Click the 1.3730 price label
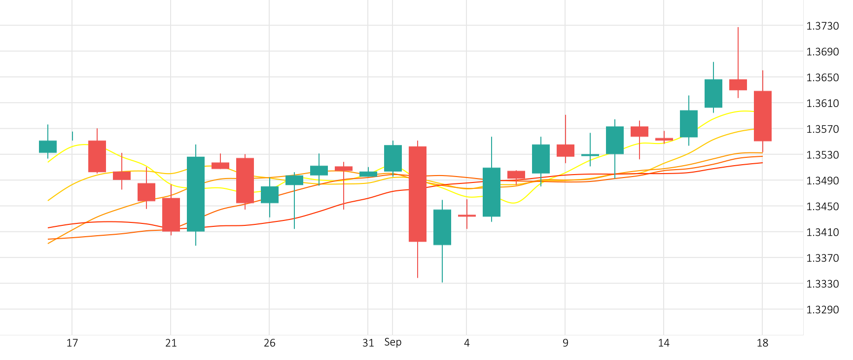tap(822, 26)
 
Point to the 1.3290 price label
tap(822, 310)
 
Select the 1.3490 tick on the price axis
tap(822, 180)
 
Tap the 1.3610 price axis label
tap(822, 104)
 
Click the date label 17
tap(72, 343)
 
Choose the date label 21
tap(171, 343)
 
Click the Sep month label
tap(393, 342)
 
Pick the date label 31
tap(368, 343)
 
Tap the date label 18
tap(762, 343)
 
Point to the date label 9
tap(565, 343)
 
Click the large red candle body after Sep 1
tap(418, 194)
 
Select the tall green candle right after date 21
tap(196, 194)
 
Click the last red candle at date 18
tap(763, 116)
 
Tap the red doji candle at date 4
tap(467, 216)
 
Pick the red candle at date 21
tap(171, 215)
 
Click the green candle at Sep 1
tap(393, 158)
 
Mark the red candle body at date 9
tap(566, 150)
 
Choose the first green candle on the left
tap(48, 146)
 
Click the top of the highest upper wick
tap(738, 28)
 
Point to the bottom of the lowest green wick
tap(442, 282)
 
